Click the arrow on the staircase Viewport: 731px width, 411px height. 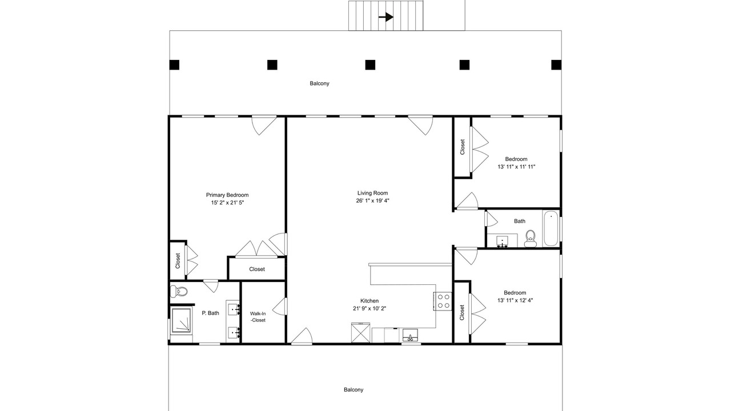[x=386, y=17]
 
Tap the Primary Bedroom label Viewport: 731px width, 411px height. [x=227, y=195]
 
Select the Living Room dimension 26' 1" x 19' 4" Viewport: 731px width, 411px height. [x=372, y=200]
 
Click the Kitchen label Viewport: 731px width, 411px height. [x=369, y=301]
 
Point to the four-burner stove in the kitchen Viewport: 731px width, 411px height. [x=443, y=301]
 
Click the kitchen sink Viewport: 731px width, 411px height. [x=410, y=335]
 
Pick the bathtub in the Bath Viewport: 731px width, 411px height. [x=551, y=228]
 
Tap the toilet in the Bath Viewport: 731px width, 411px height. [x=531, y=239]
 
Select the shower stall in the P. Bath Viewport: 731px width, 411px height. [x=181, y=321]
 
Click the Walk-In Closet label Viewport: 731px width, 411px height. [x=258, y=317]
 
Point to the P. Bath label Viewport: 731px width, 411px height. [x=210, y=313]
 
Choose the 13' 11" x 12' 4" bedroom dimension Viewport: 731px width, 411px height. [x=515, y=300]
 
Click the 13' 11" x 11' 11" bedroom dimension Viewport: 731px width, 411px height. [x=516, y=167]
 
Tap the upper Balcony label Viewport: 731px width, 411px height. [x=319, y=83]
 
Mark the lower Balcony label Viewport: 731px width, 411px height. [x=354, y=390]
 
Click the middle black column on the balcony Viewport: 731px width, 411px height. [x=370, y=65]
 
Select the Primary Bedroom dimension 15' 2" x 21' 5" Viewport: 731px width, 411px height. [x=227, y=203]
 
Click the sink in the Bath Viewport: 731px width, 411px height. [x=502, y=241]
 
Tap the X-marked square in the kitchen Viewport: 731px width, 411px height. [x=360, y=333]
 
